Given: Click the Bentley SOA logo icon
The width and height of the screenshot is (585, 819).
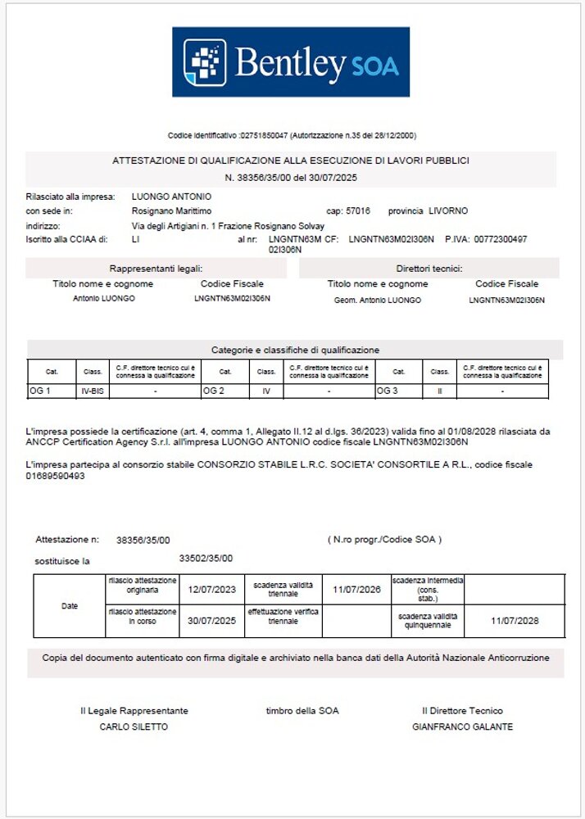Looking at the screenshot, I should point(203,62).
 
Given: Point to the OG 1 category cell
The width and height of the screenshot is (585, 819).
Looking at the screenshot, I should point(41,391).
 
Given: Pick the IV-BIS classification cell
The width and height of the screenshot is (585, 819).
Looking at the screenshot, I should point(93,391).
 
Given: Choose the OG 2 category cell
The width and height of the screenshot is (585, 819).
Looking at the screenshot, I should point(213,391).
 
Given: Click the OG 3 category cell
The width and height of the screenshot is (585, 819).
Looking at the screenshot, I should point(387,391).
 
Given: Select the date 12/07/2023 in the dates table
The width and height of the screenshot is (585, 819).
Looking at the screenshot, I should point(211,590).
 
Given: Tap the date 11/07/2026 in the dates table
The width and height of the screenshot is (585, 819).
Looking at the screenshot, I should point(356,590).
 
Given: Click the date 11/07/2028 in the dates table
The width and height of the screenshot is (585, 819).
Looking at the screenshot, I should point(515,621).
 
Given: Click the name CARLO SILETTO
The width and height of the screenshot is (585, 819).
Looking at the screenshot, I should point(134,726).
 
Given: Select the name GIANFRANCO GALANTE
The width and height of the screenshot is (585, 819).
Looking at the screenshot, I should point(463,726).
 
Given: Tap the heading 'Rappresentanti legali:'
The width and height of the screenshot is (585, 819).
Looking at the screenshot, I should point(156,269).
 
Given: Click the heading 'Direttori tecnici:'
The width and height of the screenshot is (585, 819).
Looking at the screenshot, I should point(429,269).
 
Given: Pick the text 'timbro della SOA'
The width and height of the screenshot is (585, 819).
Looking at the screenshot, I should point(302,711).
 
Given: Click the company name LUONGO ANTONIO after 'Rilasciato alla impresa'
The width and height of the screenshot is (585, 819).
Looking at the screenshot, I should point(171,197).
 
